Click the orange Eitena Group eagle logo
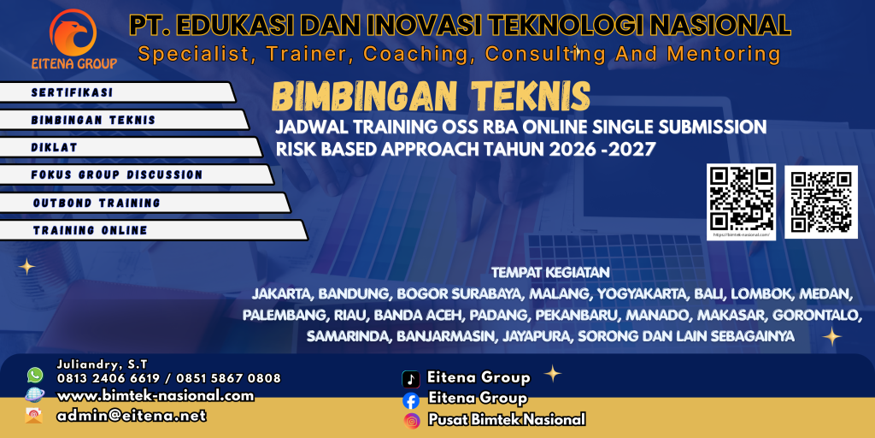[x=73, y=33]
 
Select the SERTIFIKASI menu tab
[x=73, y=92]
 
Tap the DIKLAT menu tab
[x=55, y=147]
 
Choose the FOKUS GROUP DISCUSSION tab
[x=117, y=175]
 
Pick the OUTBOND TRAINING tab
[x=97, y=203]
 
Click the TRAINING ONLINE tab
[x=91, y=230]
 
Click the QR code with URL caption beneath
[x=741, y=198]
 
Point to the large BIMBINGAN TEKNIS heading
[x=431, y=97]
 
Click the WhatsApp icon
[x=35, y=375]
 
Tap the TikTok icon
[x=411, y=378]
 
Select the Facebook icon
[x=411, y=400]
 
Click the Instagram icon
[x=412, y=420]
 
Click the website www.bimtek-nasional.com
[x=156, y=395]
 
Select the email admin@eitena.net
[x=132, y=416]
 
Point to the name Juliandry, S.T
[x=95, y=364]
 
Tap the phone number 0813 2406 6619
[x=106, y=377]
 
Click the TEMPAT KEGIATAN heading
[x=550, y=274]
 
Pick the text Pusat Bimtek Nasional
[x=507, y=419]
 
